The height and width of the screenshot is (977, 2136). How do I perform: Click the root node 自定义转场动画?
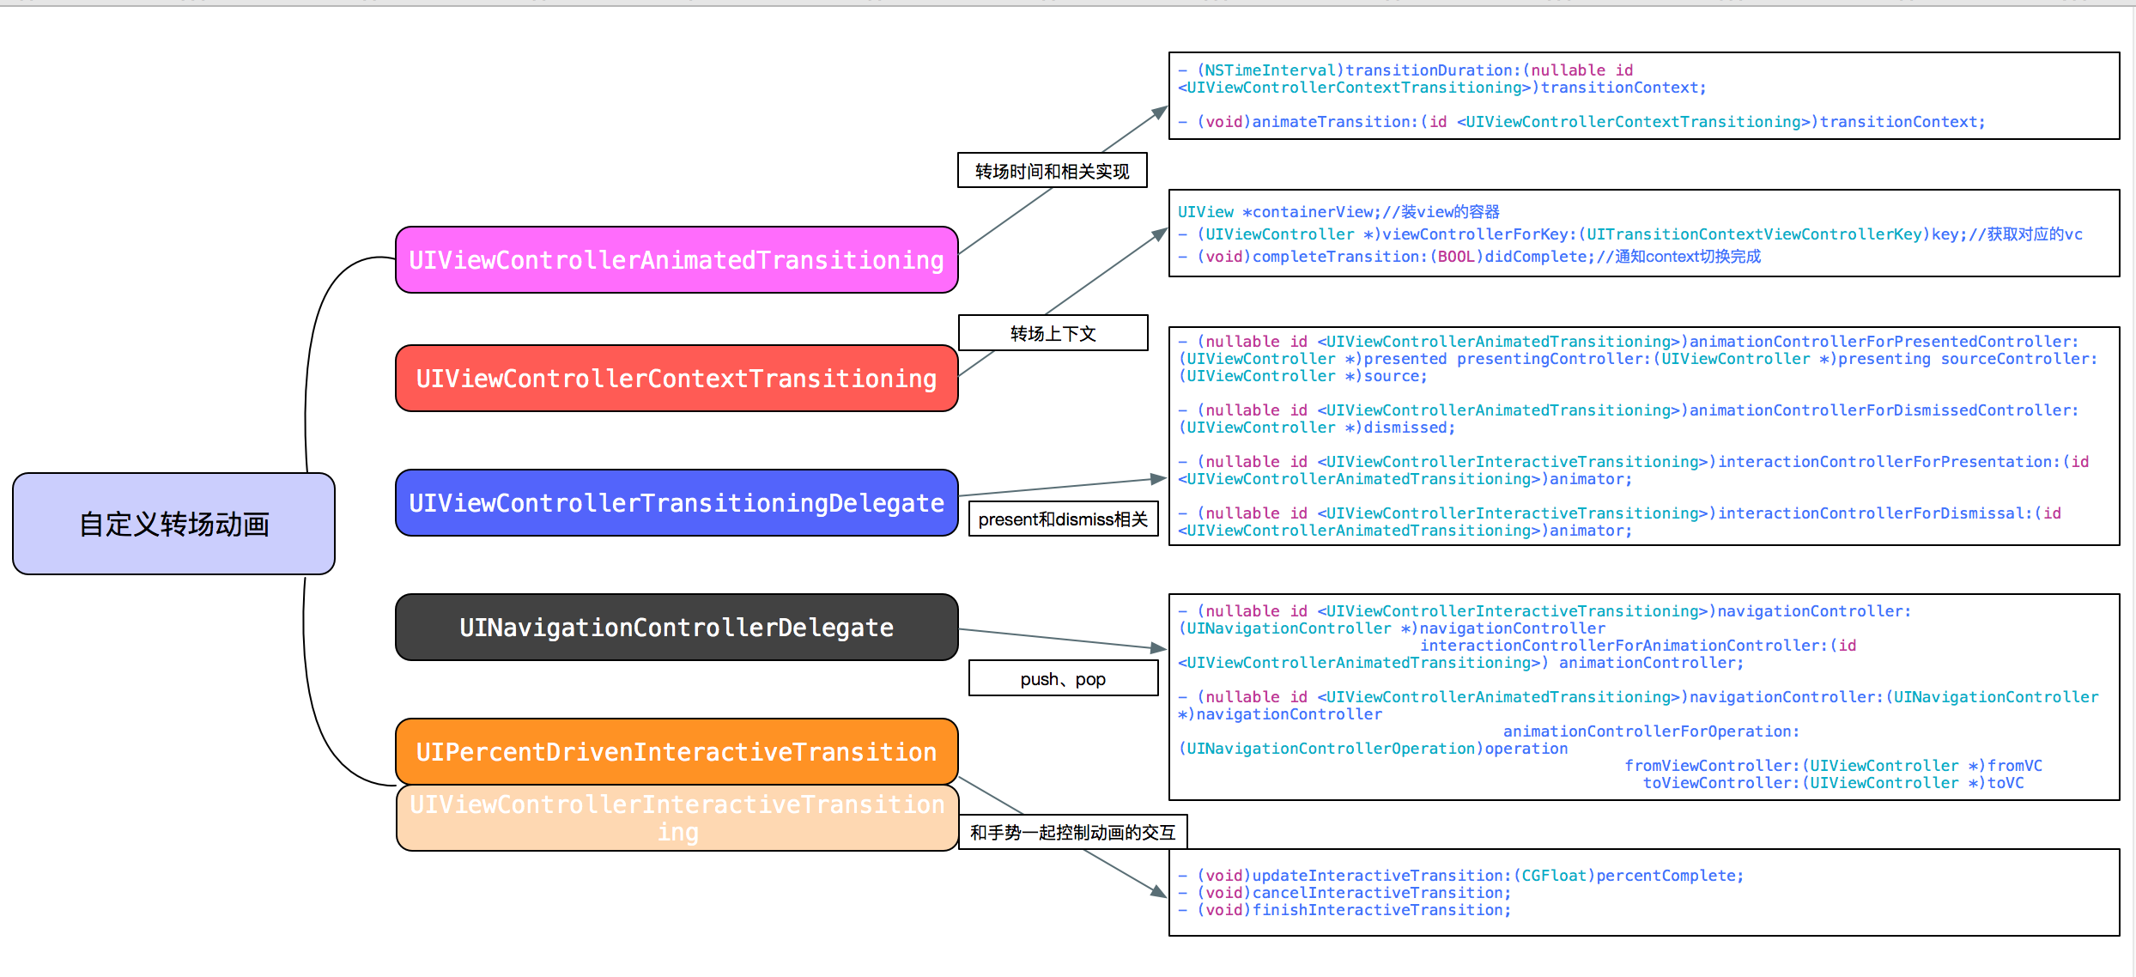173,524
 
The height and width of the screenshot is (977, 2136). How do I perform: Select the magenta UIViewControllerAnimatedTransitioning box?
677,260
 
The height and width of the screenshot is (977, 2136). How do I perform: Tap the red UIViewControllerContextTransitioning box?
677,379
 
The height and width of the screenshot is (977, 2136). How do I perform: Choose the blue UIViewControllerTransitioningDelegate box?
677,503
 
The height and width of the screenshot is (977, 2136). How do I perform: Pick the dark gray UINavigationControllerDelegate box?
677,628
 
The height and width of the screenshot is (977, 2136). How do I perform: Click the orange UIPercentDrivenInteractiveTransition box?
677,752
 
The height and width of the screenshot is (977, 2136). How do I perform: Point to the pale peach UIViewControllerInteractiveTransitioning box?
677,817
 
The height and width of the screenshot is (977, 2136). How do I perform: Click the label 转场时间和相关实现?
1052,171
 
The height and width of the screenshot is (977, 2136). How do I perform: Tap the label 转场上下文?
1053,333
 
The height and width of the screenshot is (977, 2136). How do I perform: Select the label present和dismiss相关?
1063,519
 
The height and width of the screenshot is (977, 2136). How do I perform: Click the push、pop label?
1063,679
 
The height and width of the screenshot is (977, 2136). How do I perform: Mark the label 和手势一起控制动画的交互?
1072,832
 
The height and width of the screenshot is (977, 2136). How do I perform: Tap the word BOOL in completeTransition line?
1456,257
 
